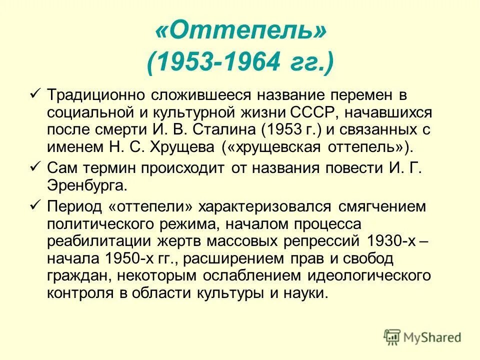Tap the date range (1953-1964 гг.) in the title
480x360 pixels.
(x=240, y=63)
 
